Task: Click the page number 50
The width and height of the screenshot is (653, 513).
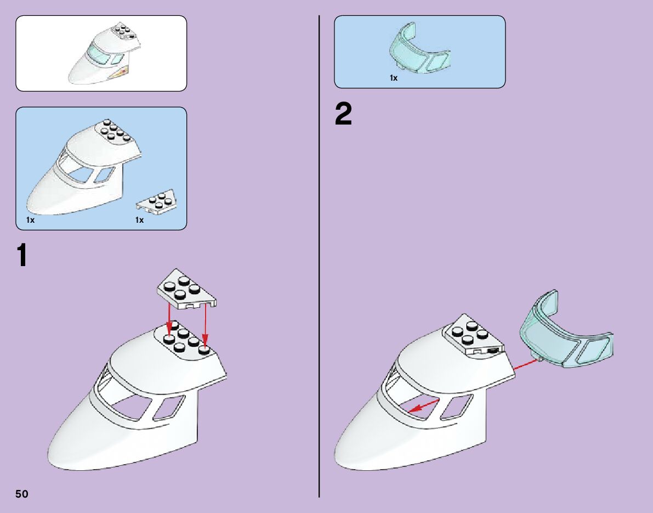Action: point(22,494)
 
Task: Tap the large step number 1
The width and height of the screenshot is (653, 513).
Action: point(22,256)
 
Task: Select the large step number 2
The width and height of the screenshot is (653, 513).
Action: point(344,114)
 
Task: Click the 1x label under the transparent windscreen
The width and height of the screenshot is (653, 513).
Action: point(394,78)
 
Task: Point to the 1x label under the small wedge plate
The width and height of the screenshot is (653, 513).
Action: point(139,220)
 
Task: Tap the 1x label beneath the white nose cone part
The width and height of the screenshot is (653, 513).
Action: point(30,220)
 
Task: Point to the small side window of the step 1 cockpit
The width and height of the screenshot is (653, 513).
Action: point(169,408)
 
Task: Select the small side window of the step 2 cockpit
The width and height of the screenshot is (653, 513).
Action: point(457,407)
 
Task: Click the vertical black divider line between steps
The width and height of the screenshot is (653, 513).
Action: point(320,256)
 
